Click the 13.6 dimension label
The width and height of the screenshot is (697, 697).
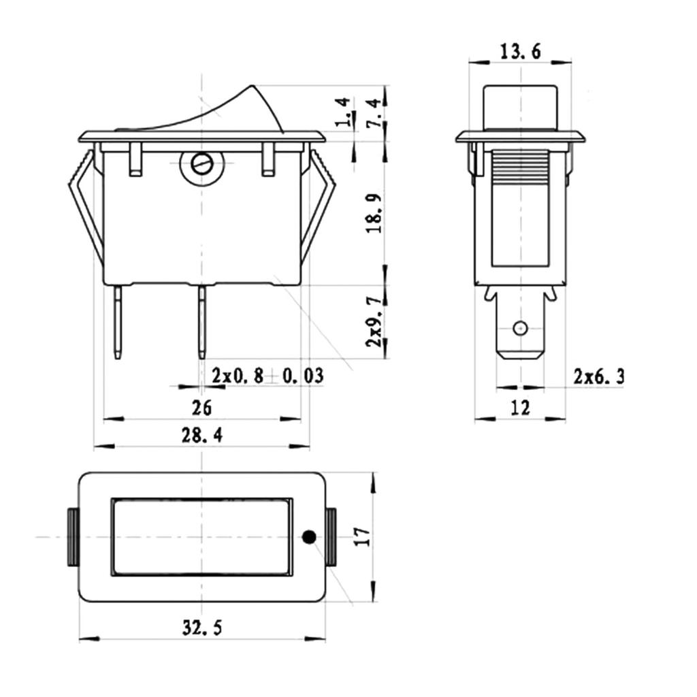521,52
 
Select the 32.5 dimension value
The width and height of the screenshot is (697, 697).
202,627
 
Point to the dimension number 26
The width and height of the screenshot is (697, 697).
201,408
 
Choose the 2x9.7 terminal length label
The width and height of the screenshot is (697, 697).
374,321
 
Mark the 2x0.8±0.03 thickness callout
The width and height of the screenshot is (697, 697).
267,376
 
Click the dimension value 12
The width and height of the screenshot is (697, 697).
519,408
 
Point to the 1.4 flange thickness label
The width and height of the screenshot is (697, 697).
344,112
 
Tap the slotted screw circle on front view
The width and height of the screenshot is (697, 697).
202,163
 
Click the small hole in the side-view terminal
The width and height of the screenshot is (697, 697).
520,327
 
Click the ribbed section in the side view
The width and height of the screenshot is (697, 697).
519,167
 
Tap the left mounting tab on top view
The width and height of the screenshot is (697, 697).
72,537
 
